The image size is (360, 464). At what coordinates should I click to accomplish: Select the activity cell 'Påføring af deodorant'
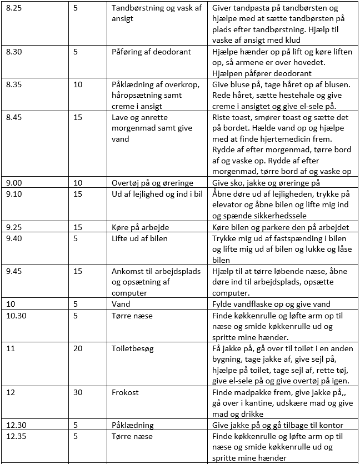click(151, 52)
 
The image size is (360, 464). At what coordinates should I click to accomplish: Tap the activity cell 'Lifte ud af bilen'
click(139, 238)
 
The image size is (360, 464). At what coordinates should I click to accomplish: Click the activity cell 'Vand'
click(121, 304)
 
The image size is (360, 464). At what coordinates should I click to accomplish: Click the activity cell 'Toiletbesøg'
click(134, 348)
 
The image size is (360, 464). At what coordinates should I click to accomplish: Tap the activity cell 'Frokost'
click(126, 392)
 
